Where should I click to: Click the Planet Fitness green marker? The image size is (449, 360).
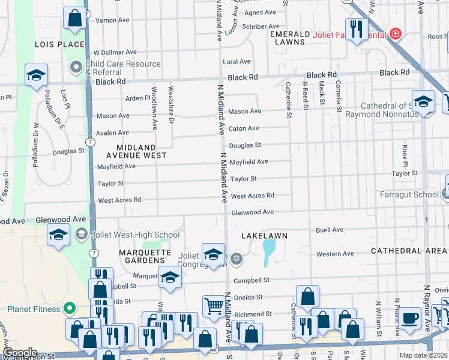pos(69,309)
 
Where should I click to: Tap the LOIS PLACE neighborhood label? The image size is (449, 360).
pos(59,44)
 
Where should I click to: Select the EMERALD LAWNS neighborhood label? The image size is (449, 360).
pos(290,38)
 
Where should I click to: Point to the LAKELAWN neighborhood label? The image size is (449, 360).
pos(262,236)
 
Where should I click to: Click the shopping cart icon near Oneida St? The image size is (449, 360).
pos(213,306)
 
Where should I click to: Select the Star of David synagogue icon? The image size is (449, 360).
pos(236,259)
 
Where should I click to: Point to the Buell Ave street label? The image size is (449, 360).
pos(330,230)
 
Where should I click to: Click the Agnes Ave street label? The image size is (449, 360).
pos(261,12)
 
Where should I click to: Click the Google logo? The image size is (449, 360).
pos(20,353)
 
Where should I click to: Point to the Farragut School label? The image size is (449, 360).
pos(409,194)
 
